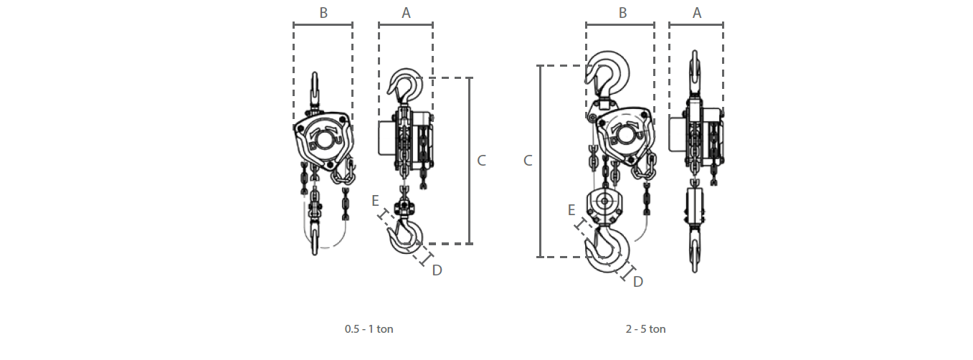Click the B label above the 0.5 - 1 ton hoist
click(323, 13)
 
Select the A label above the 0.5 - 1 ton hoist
click(406, 13)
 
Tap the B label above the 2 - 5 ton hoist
click(623, 13)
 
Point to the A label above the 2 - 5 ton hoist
click(697, 13)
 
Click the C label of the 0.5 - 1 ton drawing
click(481, 161)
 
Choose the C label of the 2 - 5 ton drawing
click(528, 161)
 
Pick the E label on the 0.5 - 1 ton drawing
click(375, 201)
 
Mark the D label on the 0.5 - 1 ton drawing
click(437, 270)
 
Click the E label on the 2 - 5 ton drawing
click(571, 210)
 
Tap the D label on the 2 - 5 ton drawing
click(637, 282)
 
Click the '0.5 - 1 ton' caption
click(369, 329)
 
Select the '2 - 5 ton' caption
click(645, 329)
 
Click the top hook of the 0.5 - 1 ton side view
click(405, 87)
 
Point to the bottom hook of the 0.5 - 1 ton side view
click(406, 235)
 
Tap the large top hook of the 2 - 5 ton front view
click(607, 75)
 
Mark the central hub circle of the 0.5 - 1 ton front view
click(323, 141)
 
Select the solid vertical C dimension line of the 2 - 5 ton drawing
click(540, 161)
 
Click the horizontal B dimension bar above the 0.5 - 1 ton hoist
click(323, 25)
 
